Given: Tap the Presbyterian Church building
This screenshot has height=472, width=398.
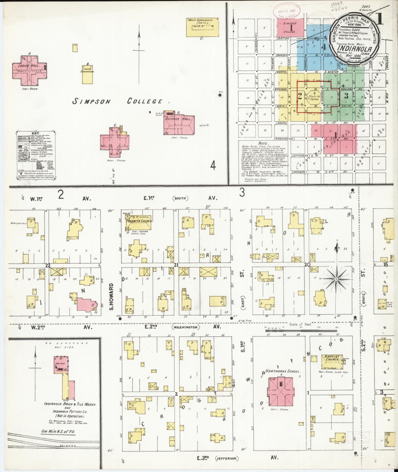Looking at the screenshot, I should pyautogui.click(x=139, y=223).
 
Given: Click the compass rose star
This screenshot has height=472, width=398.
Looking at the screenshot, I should pyautogui.click(x=336, y=279).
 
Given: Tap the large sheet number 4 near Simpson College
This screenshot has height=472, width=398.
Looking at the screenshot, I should pyautogui.click(x=213, y=166).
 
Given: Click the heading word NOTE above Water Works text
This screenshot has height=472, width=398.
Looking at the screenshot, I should pyautogui.click(x=255, y=143).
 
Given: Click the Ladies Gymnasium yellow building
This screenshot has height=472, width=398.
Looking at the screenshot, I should pyautogui.click(x=88, y=74).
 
